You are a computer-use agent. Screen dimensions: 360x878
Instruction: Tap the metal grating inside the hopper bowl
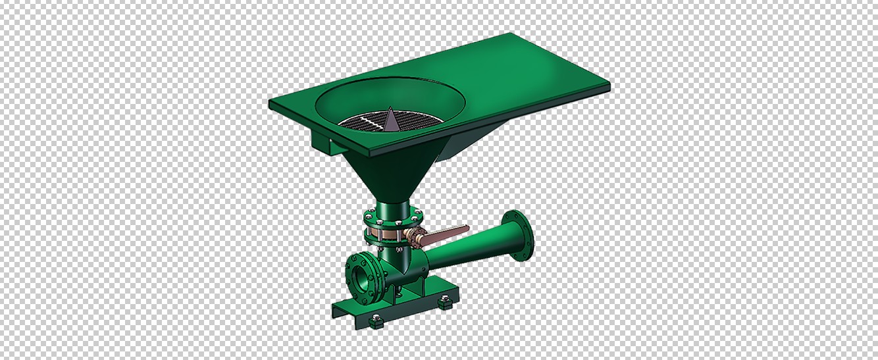pyautogui.click(x=365, y=121)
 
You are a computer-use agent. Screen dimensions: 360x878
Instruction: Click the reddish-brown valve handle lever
pyautogui.click(x=447, y=232)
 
